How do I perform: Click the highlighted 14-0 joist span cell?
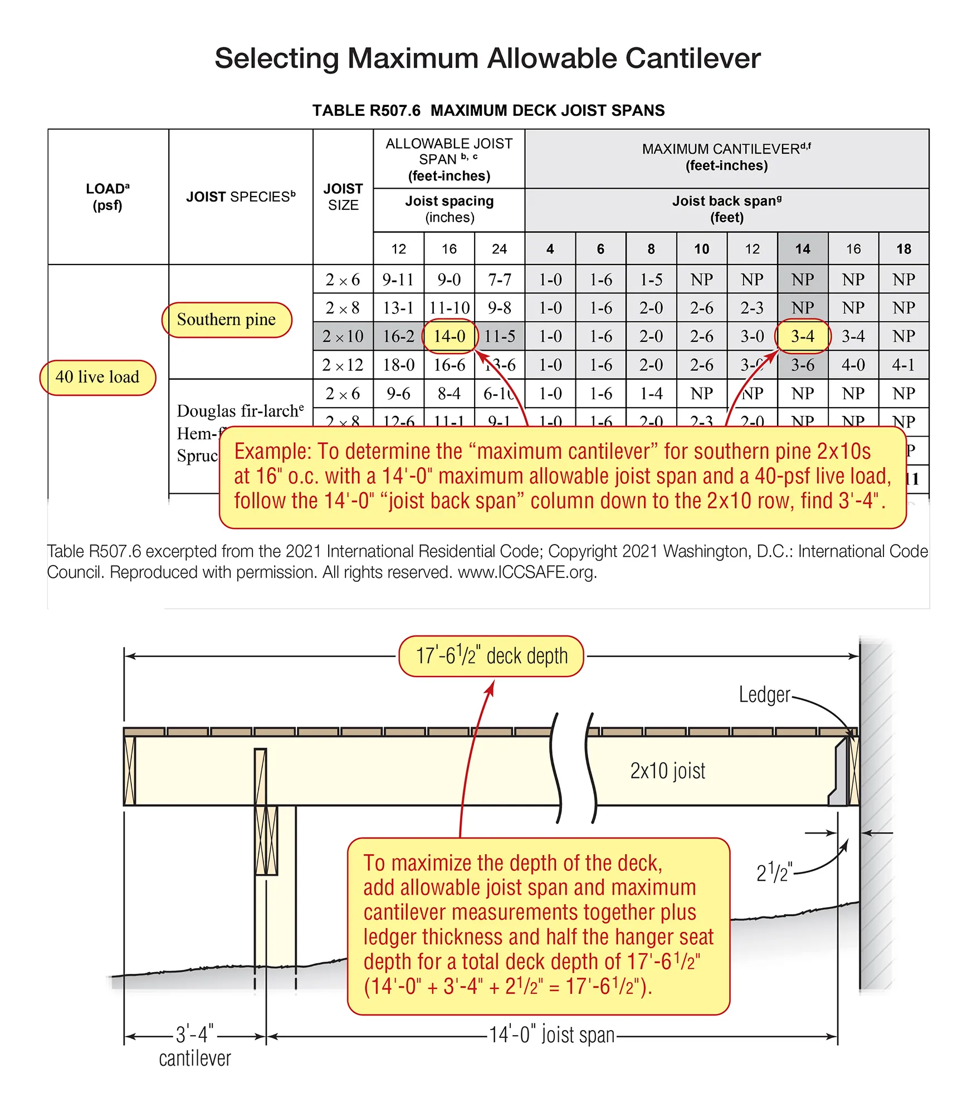pos(450,336)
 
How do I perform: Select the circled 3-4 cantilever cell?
pos(803,336)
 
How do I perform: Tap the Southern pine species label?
pos(226,320)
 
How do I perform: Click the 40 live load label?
pos(97,377)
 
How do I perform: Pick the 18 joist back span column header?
pos(903,249)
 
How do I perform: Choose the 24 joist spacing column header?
pos(499,249)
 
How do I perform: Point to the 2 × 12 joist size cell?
pos(343,365)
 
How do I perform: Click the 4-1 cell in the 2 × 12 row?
pos(903,365)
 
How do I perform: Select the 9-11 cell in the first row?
pos(398,280)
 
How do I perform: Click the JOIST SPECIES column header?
pos(241,197)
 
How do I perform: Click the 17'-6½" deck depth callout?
pos(491,656)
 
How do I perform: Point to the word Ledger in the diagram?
pos(764,695)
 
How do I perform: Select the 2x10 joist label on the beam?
pos(667,771)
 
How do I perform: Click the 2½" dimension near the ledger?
pos(773,872)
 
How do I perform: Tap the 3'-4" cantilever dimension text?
pos(194,1034)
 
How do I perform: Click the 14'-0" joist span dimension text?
pos(551,1034)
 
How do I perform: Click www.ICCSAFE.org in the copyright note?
pos(527,572)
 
